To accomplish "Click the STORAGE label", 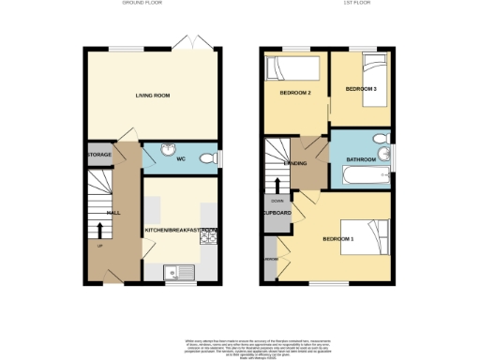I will pos(99,154).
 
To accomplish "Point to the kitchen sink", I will pos(176,273).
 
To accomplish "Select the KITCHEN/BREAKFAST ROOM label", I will pos(180,230).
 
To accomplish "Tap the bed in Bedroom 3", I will pos(373,69).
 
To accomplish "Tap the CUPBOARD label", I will pos(278,213).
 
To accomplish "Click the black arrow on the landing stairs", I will pos(277,179).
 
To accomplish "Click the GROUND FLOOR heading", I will pos(143,4).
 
